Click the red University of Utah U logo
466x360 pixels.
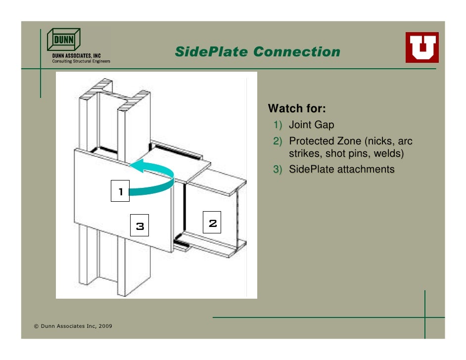coord(422,47)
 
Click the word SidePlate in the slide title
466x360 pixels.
coord(211,52)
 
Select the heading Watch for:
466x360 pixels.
coord(297,108)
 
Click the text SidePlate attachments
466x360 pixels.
coord(342,170)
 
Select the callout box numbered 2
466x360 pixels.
coord(213,223)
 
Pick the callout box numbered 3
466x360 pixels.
coord(140,226)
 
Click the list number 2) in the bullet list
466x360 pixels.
coord(279,142)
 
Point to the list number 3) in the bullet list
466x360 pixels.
coord(279,170)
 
